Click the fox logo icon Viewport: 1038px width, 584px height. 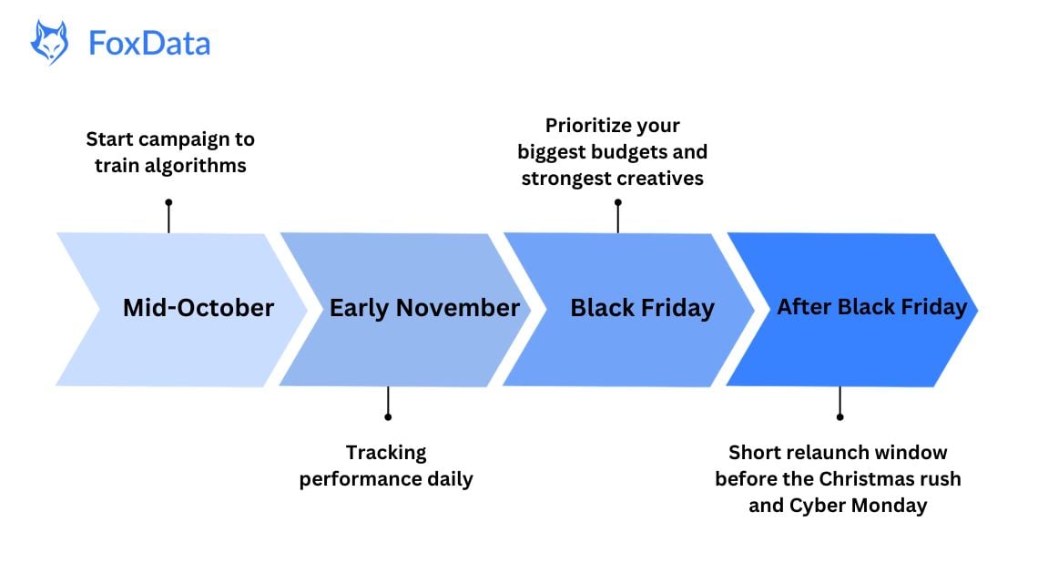(x=49, y=43)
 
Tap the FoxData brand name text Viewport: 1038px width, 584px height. (x=149, y=43)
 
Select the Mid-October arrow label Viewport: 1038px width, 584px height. (x=198, y=308)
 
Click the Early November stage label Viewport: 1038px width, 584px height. (x=424, y=308)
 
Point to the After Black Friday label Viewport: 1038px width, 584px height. (x=871, y=307)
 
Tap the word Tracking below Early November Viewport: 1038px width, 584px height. (x=386, y=452)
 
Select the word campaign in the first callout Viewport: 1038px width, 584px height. (x=187, y=139)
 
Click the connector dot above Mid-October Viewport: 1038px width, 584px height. (x=168, y=202)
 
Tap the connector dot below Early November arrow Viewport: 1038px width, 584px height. (x=388, y=416)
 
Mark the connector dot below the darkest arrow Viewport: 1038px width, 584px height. (x=840, y=416)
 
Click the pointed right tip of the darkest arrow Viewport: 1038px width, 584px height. (x=976, y=310)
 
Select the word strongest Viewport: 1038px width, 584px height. (x=565, y=178)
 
